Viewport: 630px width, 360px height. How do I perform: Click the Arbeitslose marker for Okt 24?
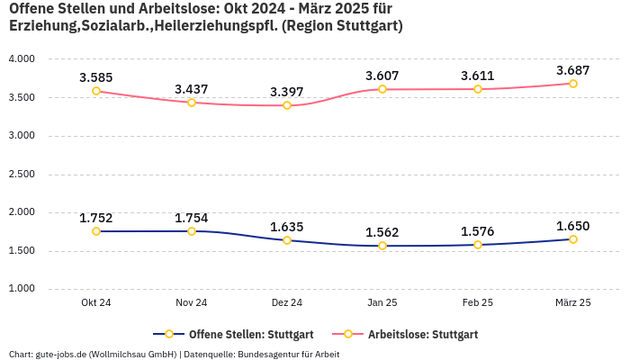tap(96, 91)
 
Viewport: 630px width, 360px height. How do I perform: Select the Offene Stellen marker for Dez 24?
tap(287, 240)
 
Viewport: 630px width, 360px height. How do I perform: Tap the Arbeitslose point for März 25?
tap(573, 84)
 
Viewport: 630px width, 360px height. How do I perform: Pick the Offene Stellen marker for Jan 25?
tap(382, 246)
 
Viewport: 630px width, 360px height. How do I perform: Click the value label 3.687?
tap(573, 70)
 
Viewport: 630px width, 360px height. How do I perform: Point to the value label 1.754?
tap(192, 218)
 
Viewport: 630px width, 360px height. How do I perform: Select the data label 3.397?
tap(287, 92)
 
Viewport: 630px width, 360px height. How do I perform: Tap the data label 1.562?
tap(382, 232)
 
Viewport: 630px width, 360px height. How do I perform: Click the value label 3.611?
tap(478, 76)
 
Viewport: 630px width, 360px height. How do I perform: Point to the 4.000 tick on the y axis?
tap(22, 59)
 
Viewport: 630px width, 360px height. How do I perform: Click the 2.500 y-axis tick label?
tap(22, 175)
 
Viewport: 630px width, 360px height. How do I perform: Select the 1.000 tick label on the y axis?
tap(22, 289)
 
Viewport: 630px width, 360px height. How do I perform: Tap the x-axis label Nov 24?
tap(192, 303)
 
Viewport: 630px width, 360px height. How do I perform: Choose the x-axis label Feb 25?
tap(478, 303)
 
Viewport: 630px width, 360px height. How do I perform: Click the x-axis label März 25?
tap(573, 303)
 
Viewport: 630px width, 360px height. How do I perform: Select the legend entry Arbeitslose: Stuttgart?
tap(423, 335)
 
